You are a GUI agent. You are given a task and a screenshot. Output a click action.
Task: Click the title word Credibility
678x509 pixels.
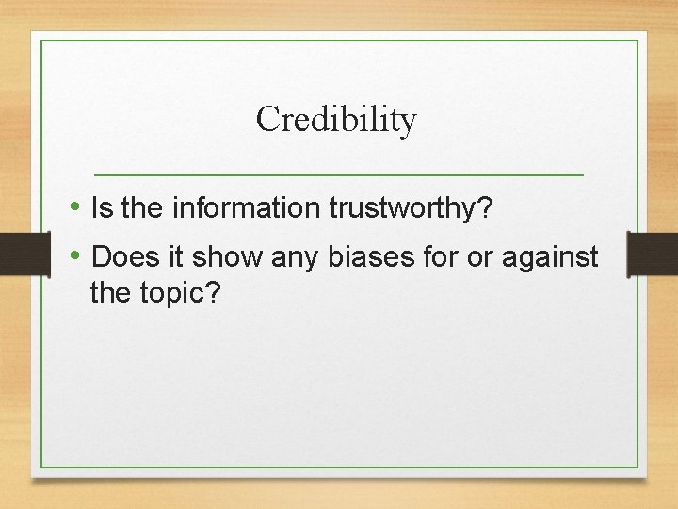(x=335, y=120)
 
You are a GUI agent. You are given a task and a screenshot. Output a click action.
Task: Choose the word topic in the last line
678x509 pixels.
(x=184, y=293)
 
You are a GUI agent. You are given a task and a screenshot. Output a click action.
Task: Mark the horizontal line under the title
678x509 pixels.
(x=339, y=175)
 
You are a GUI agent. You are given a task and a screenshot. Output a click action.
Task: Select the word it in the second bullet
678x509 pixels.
(x=175, y=256)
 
